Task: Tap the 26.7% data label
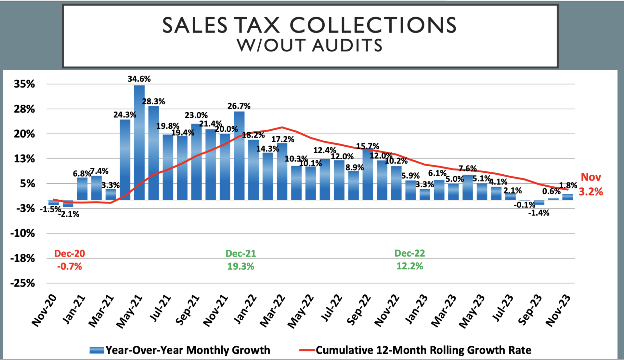(239, 106)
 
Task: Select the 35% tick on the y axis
(24, 84)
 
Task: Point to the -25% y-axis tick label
(22, 283)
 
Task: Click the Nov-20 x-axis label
(44, 310)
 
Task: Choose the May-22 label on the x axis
(301, 311)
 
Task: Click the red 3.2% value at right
(591, 192)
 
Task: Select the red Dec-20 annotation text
(70, 253)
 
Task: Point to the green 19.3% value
(240, 266)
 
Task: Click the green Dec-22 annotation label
(409, 253)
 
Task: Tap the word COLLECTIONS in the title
(373, 25)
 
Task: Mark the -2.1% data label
(69, 214)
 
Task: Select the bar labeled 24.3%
(125, 159)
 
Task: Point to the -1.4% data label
(539, 213)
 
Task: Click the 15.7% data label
(368, 146)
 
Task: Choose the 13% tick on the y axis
(24, 159)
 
